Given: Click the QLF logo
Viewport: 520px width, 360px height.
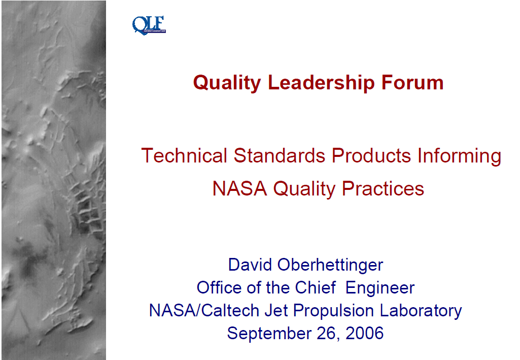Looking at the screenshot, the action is click(x=149, y=25).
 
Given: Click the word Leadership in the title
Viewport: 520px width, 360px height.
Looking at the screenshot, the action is click(x=321, y=82).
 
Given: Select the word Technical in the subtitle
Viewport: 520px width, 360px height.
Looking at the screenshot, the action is click(x=184, y=155).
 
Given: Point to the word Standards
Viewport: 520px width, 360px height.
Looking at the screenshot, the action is click(x=279, y=155).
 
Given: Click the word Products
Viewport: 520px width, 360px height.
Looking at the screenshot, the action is click(x=371, y=155).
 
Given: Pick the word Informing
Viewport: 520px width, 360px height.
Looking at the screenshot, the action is click(x=459, y=156).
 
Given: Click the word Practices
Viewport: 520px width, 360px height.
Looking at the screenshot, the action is click(x=383, y=188).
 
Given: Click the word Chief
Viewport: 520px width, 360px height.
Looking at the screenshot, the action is click(x=316, y=287).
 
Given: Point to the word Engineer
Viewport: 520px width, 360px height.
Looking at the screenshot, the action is click(x=380, y=288).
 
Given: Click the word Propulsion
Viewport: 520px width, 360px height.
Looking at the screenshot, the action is click(x=333, y=311).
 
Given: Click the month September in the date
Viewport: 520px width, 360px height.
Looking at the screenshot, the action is click(x=269, y=334).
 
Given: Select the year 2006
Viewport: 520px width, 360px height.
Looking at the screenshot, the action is click(x=364, y=333).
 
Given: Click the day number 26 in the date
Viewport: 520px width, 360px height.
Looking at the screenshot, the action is click(x=328, y=334).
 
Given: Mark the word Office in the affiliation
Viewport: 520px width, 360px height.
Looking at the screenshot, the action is click(x=219, y=287).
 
